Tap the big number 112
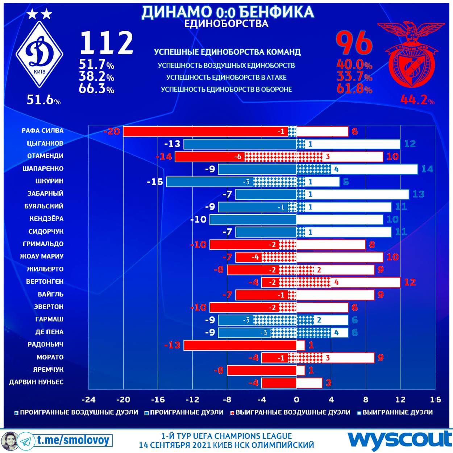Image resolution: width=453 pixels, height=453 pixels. click(x=107, y=43)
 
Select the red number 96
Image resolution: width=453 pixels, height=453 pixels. click(x=354, y=42)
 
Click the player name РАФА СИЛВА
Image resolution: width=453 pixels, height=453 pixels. click(x=42, y=131)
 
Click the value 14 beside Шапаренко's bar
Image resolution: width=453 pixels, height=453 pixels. click(x=427, y=169)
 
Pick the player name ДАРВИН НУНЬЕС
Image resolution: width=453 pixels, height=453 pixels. click(x=36, y=382)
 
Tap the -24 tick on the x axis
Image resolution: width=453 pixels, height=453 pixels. click(x=88, y=400)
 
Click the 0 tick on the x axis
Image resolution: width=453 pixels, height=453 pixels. click(x=296, y=400)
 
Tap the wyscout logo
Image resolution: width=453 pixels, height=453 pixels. click(x=399, y=440)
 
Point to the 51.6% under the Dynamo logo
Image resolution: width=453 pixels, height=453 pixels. click(x=43, y=100)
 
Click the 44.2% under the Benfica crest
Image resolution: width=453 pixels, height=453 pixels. click(x=417, y=100)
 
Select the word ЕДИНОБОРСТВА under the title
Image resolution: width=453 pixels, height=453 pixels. click(x=226, y=24)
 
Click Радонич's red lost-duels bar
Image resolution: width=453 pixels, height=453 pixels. click(x=240, y=345)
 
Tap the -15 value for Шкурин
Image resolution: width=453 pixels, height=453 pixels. click(x=155, y=182)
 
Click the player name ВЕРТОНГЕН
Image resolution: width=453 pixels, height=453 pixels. click(x=45, y=282)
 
